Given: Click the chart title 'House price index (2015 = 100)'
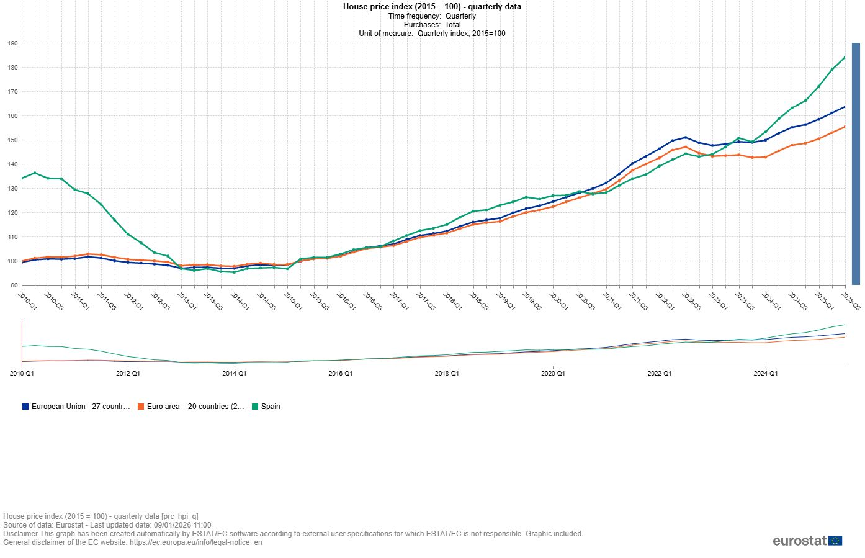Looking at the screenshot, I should point(432,7).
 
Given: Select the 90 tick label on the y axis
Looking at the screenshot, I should point(13,286).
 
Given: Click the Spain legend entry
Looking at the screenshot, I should point(270,407).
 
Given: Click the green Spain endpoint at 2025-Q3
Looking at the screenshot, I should point(845,58).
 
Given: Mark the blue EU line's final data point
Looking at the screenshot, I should point(845,107).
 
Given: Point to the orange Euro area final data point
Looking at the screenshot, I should point(845,127).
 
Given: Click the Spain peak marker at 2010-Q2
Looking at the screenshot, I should point(35,173).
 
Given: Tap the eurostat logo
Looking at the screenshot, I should point(807,541).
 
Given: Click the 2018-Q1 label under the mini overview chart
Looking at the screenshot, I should point(447,374).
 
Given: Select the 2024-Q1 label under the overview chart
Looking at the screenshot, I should point(766,374).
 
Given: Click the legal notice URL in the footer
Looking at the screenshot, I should point(195,542).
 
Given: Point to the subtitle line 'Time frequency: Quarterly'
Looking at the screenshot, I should point(432,16).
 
